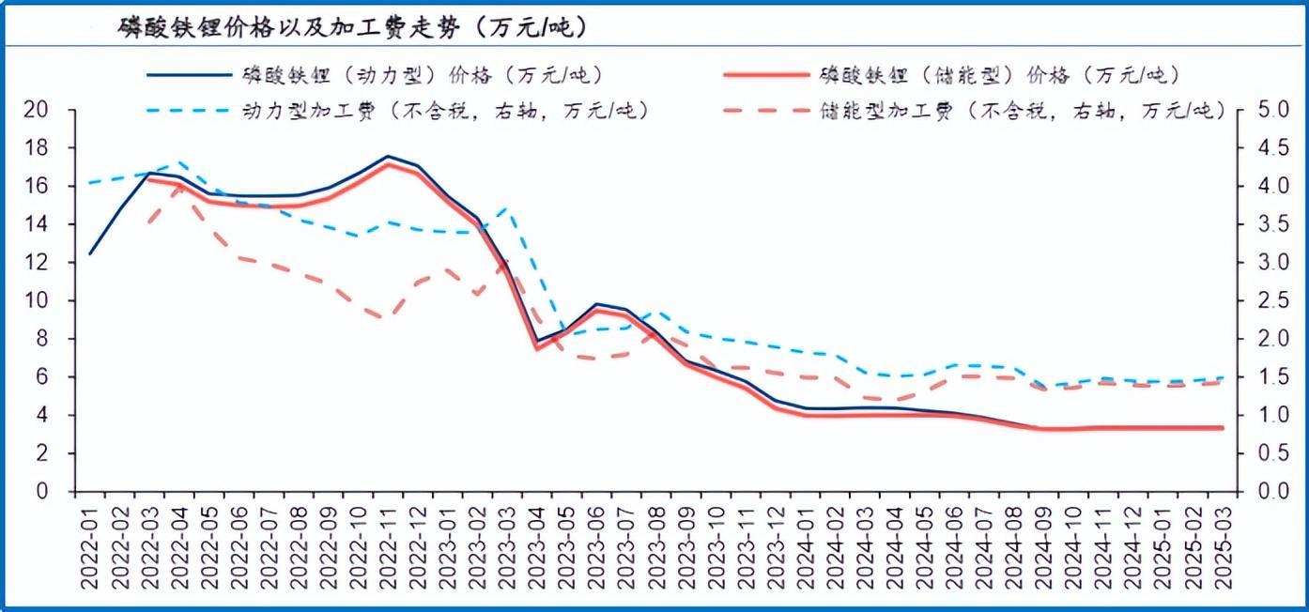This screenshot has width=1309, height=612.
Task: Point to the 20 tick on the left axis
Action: coord(37,110)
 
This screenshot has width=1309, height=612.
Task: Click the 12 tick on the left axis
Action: coord(37,263)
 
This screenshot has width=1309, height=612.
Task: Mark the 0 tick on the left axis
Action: coord(43,491)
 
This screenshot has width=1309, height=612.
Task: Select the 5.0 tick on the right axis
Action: coord(1270,110)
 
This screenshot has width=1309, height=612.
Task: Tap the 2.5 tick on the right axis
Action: coord(1270,300)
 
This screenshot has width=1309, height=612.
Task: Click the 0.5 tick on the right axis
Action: coord(1270,453)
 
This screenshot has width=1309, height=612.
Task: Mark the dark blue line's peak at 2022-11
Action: coord(387,157)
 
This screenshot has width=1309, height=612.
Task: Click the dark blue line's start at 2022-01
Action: coord(90,253)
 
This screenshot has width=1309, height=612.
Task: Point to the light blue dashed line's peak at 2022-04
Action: coord(179,161)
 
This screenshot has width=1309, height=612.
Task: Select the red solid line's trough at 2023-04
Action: coord(536,348)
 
